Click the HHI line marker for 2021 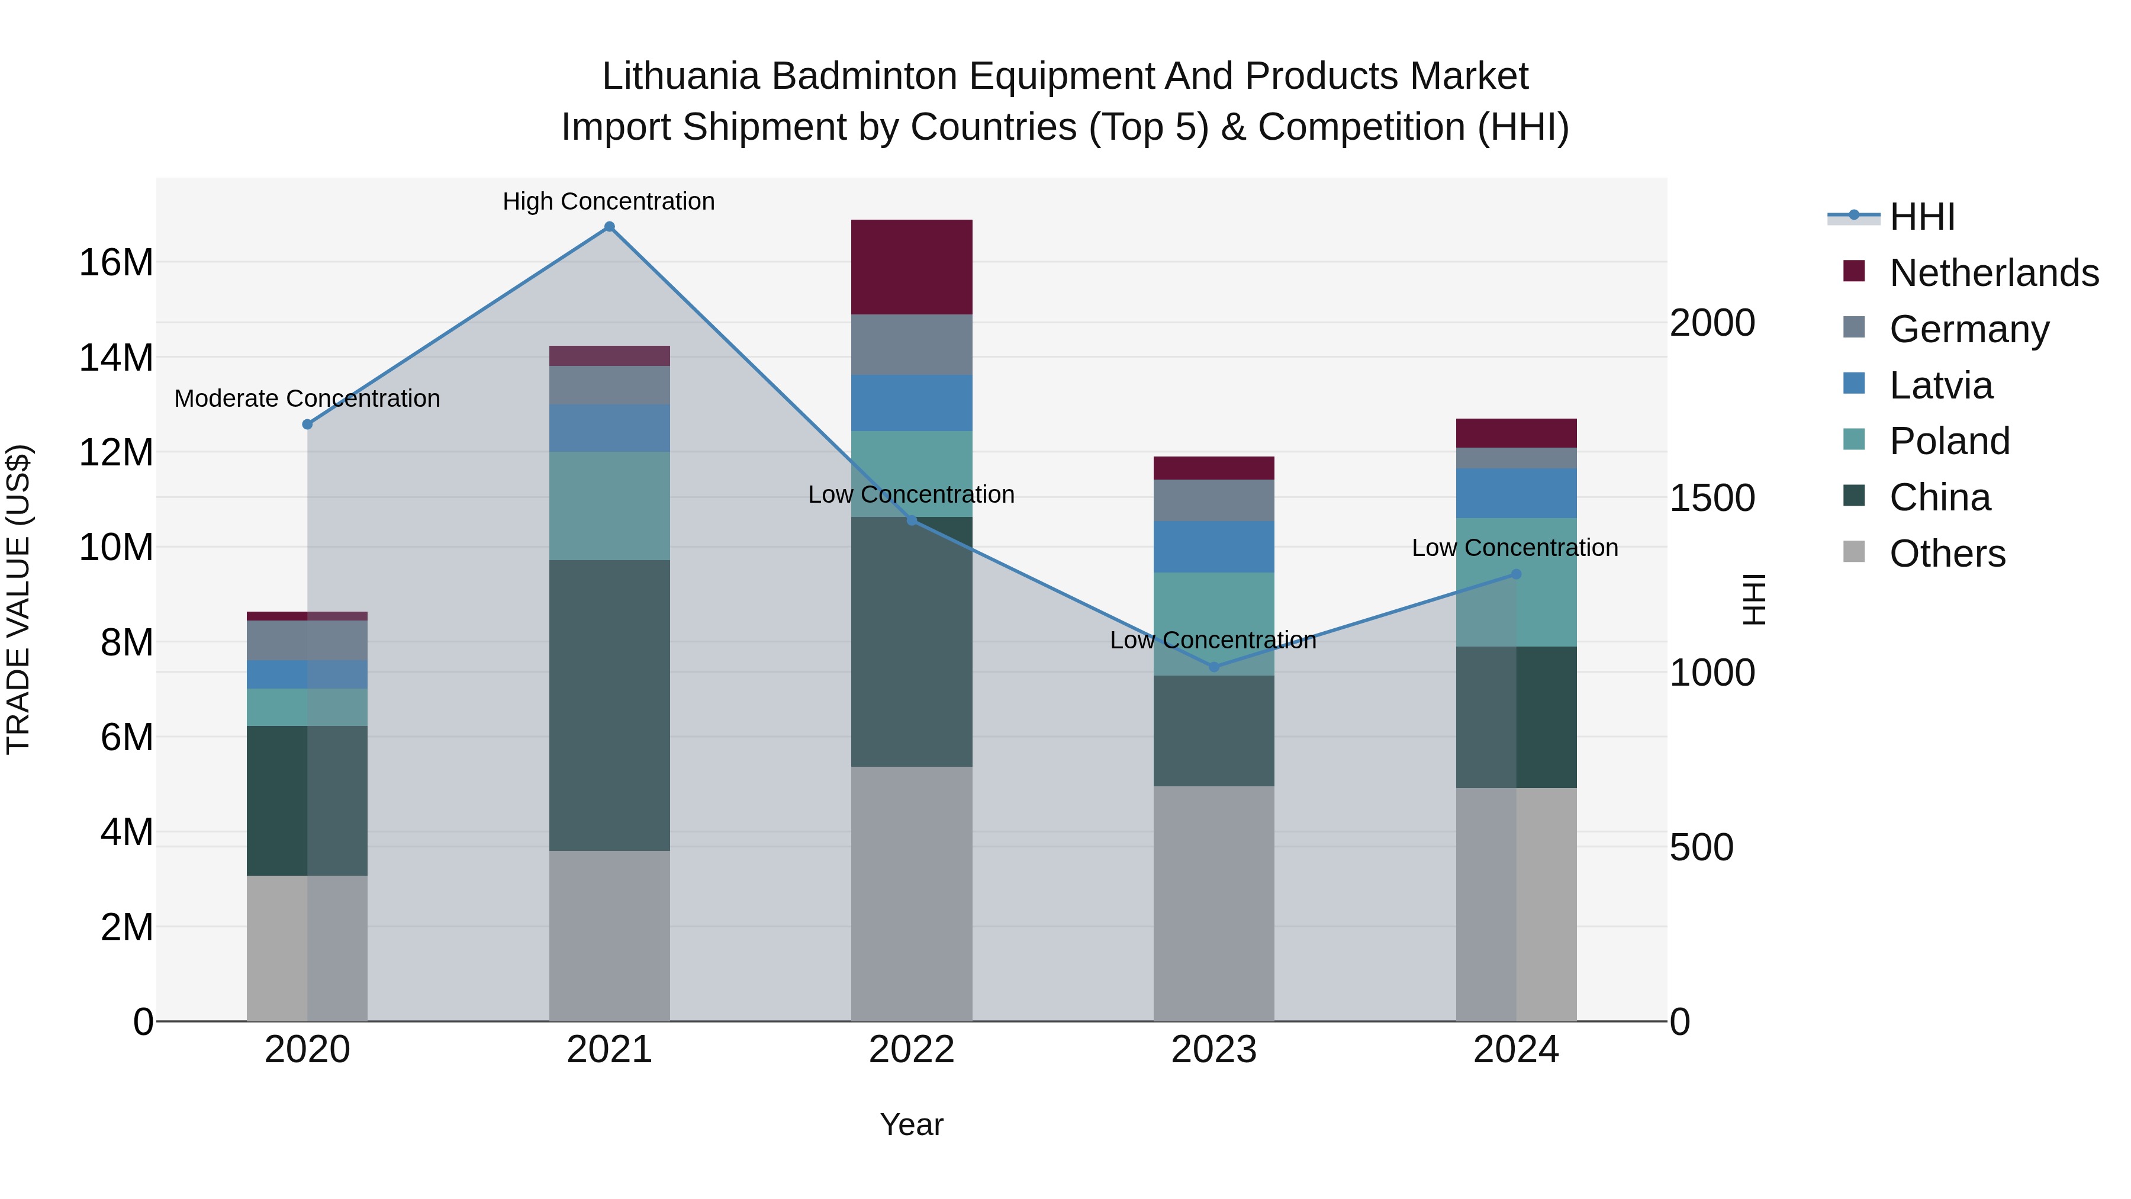(x=609, y=227)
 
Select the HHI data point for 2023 (x=1213, y=667)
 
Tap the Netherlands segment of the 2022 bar (x=912, y=266)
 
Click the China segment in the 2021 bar (x=609, y=705)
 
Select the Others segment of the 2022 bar (x=912, y=893)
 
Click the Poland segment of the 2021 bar (x=609, y=506)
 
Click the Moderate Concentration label (x=307, y=398)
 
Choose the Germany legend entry (x=1969, y=329)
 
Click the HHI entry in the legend (x=1921, y=217)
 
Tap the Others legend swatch (x=1854, y=552)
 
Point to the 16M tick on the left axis (x=116, y=262)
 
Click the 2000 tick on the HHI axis (x=1711, y=323)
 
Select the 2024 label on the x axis (x=1515, y=1050)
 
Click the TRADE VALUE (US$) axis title (x=18, y=599)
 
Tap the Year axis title (x=912, y=1124)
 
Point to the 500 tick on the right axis (x=1701, y=847)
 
